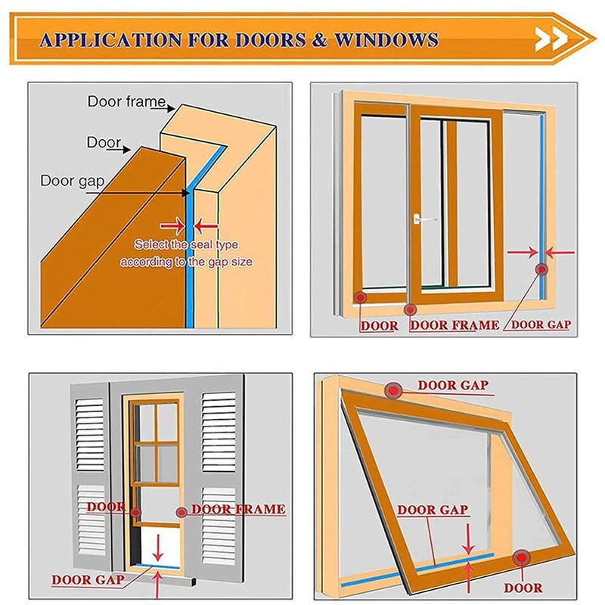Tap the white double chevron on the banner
551,39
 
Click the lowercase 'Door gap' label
68,181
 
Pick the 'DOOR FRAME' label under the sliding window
455,325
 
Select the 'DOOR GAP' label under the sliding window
541,325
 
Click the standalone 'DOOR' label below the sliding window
379,326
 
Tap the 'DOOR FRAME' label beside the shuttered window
238,510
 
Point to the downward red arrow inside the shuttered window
157,546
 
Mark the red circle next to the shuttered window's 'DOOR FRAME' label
181,513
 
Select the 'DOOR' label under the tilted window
523,588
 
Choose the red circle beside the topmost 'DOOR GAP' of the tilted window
394,389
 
